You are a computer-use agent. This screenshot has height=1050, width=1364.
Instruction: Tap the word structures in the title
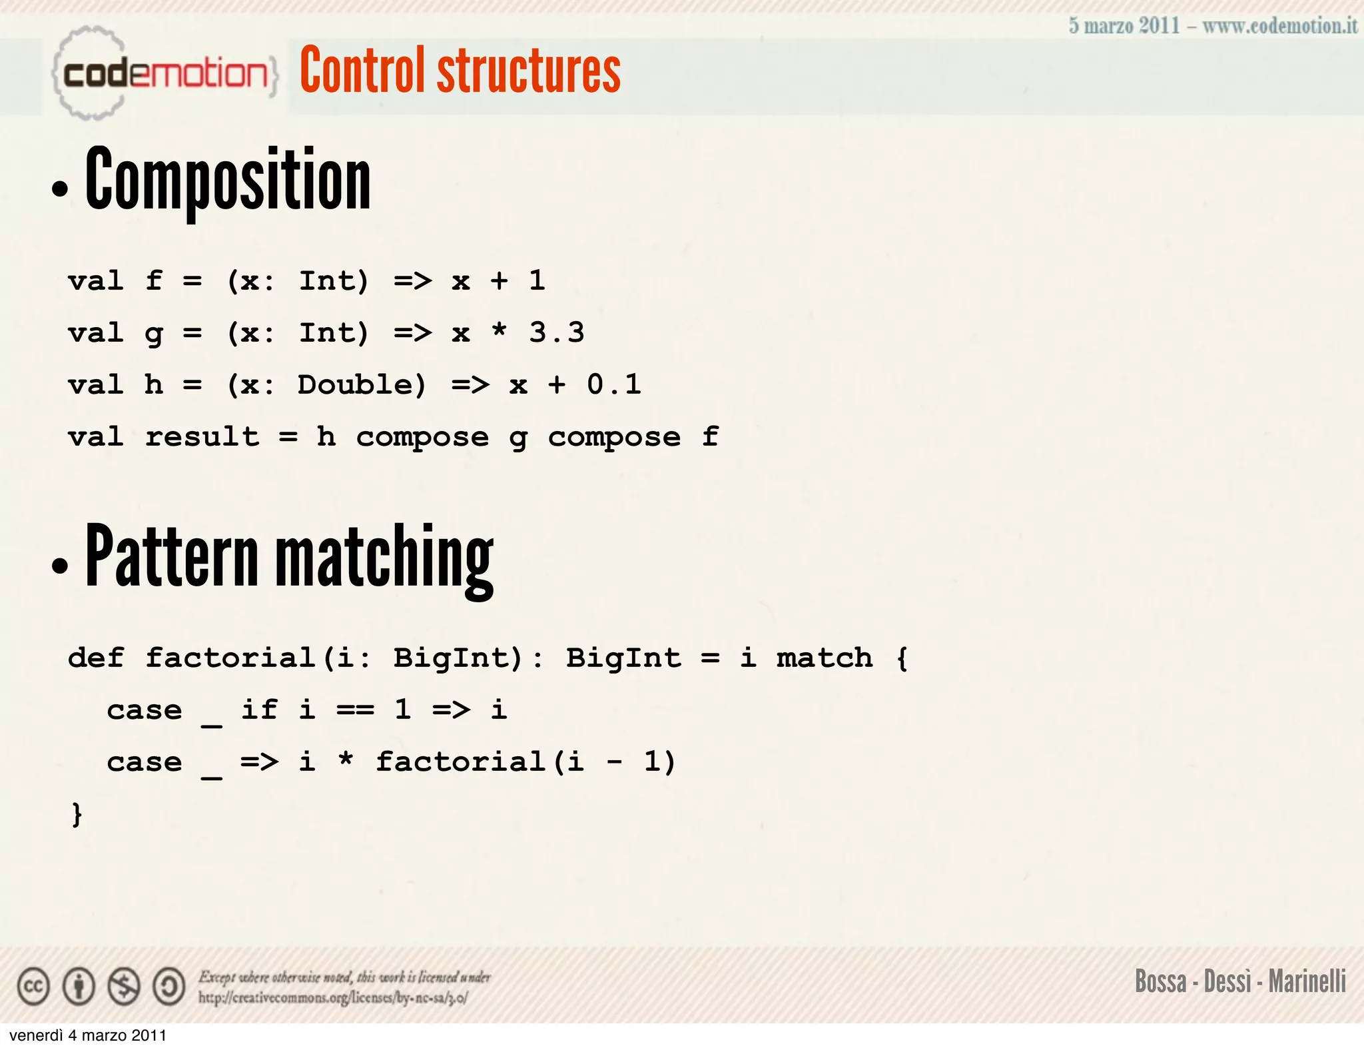coord(529,71)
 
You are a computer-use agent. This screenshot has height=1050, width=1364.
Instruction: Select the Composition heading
coord(228,180)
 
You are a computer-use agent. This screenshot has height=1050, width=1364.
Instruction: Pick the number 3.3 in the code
coord(557,332)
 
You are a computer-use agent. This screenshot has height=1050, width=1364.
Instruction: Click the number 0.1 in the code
coord(614,384)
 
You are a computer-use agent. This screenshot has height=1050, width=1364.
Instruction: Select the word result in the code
coord(202,437)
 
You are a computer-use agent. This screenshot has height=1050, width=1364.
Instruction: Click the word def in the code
coord(96,658)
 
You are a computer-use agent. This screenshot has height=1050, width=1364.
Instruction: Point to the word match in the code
coord(825,658)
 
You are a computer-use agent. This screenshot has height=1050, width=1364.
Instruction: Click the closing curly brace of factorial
coord(77,814)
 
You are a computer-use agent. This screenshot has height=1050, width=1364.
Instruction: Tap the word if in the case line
coord(259,710)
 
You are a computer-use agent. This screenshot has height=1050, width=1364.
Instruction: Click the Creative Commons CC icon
coord(33,987)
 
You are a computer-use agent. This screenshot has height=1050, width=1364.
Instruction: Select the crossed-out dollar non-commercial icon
coord(124,987)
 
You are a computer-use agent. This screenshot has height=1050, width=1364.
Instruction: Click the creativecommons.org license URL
coord(333,998)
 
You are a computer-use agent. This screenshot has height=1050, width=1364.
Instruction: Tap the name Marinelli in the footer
coord(1307,981)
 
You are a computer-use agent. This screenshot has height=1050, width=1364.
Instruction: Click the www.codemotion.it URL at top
coord(1279,26)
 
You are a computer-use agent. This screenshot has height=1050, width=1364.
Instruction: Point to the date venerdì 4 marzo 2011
coord(88,1035)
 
